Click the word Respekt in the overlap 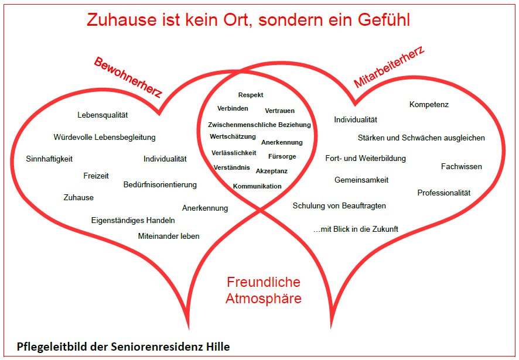(x=251, y=95)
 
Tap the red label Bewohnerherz (x=128, y=77)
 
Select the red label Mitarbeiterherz (x=389, y=67)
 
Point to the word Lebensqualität (x=103, y=115)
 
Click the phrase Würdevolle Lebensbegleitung (x=105, y=138)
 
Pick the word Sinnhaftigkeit (x=49, y=159)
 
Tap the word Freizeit (x=96, y=176)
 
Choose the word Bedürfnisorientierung (x=160, y=184)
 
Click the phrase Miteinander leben (x=169, y=236)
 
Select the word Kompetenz (x=429, y=105)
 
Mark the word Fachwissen (x=462, y=166)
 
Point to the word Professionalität (x=444, y=193)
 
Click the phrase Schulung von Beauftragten (x=339, y=206)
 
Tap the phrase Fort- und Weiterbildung (x=366, y=158)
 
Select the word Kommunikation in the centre (x=257, y=186)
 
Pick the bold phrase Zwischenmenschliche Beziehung (x=259, y=125)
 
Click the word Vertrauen (x=279, y=111)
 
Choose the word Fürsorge (x=282, y=156)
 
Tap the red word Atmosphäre (x=264, y=299)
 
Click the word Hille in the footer (x=218, y=347)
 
